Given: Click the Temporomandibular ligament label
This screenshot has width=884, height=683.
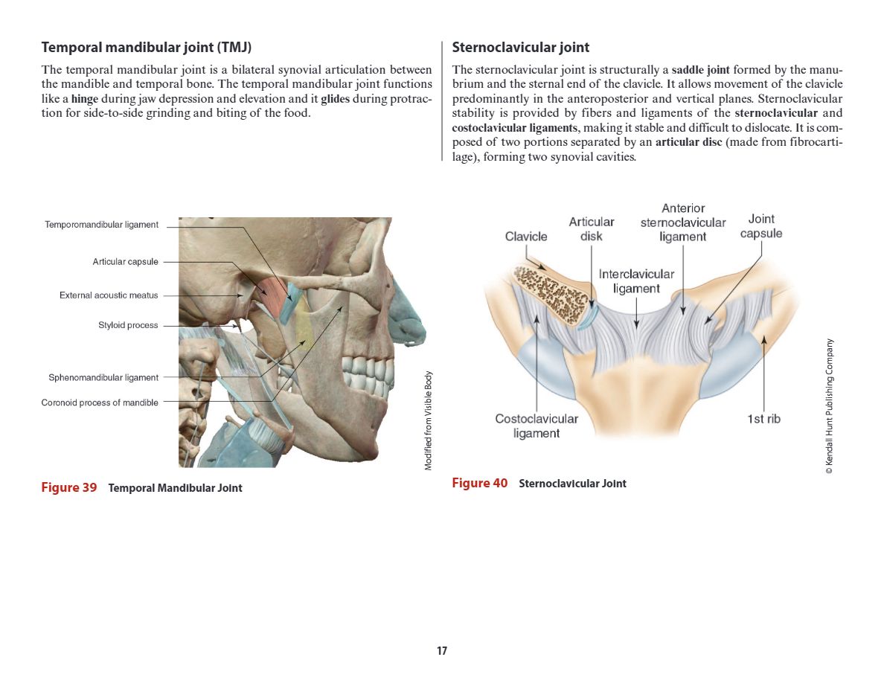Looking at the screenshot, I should coord(101,225).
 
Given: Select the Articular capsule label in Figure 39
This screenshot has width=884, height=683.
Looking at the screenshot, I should coord(125,262).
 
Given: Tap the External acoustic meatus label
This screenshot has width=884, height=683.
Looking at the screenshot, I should coord(109,295).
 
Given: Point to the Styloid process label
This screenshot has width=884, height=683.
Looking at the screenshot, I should coord(128,325).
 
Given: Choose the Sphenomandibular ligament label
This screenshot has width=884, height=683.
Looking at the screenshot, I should coord(103,378).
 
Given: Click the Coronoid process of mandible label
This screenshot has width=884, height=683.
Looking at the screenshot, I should coord(100,403).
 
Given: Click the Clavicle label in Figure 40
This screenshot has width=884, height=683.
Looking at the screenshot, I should coord(526,237).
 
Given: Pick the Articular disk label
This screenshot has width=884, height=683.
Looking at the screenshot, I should coord(592,229).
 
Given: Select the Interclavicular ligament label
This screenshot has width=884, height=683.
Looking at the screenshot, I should coord(636,281).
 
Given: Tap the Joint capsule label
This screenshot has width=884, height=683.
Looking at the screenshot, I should coord(761,226).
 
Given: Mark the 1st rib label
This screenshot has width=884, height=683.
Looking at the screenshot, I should coord(764,419).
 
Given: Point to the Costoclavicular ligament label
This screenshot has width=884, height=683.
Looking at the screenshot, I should coord(537,426).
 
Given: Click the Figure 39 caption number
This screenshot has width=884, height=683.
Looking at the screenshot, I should coord(69,487).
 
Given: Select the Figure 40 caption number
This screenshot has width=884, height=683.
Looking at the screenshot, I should coord(480,483).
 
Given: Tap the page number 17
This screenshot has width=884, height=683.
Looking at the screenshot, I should coord(442,651).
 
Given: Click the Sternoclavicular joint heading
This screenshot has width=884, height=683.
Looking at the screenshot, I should coord(521,48).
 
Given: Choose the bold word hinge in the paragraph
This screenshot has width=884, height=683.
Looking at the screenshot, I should coord(85,99).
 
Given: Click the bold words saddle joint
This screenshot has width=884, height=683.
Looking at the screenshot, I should coord(700,71).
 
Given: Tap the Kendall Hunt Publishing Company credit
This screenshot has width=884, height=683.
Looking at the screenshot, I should coord(830,406).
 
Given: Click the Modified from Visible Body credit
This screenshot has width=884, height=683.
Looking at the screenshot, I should coord(428,420).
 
